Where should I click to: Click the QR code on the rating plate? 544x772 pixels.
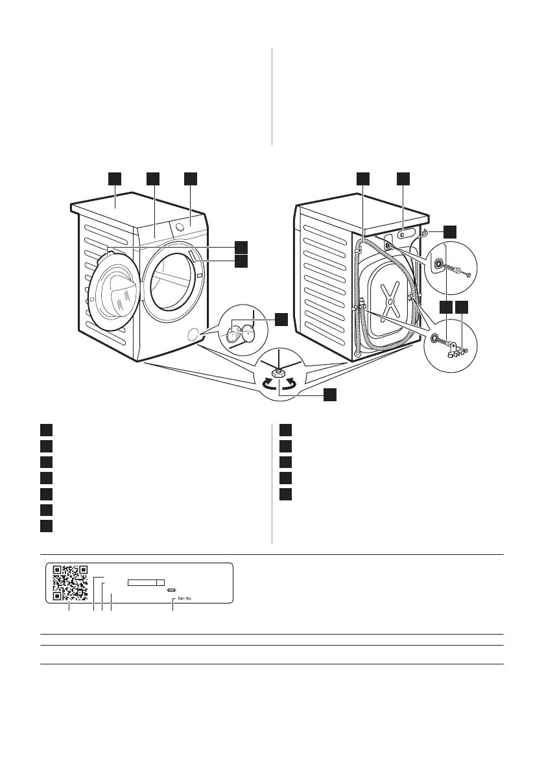(70, 583)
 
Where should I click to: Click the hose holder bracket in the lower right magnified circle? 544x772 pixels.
(456, 351)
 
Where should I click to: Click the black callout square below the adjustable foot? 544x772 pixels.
(330, 395)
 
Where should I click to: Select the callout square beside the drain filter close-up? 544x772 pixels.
(280, 319)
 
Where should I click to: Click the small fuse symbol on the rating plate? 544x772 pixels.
(171, 591)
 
